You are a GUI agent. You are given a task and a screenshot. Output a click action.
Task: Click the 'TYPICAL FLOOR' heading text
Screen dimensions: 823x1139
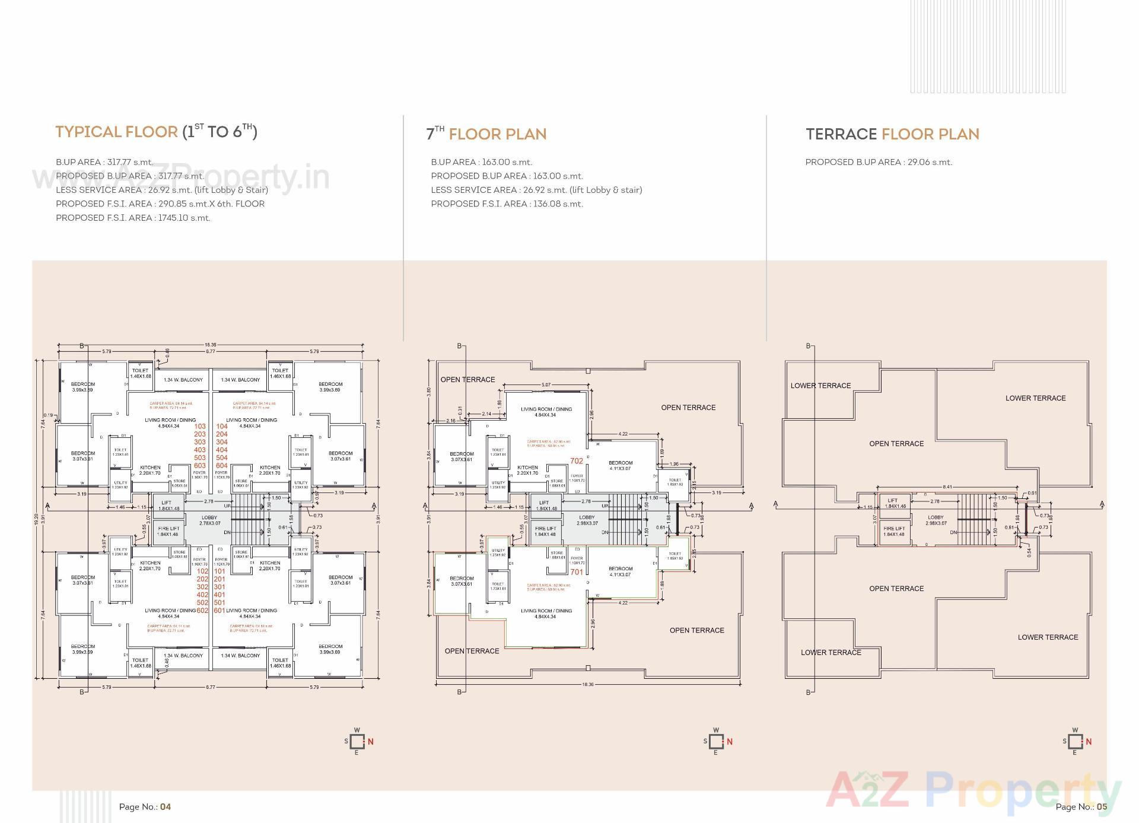(x=117, y=132)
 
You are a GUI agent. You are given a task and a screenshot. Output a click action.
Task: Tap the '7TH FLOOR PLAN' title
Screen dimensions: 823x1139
(x=486, y=134)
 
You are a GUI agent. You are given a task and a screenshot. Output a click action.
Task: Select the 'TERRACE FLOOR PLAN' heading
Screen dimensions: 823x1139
(x=892, y=134)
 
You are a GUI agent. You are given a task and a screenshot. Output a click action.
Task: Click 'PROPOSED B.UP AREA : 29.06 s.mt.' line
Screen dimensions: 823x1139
(x=878, y=162)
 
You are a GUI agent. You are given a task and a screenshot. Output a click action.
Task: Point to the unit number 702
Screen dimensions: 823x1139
(x=576, y=460)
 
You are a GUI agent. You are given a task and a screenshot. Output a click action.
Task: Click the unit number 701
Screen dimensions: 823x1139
(x=576, y=572)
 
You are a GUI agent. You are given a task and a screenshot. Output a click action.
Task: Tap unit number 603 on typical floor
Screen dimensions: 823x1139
(x=200, y=466)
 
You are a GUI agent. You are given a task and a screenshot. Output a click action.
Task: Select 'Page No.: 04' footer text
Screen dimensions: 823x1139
(x=145, y=806)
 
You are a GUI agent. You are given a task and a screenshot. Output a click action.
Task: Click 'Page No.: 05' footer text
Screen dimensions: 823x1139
(x=1081, y=806)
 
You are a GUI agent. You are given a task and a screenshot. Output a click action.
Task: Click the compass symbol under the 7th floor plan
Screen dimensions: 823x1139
(x=717, y=742)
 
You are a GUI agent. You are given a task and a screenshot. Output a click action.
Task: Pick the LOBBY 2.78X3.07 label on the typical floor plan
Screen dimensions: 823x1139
(x=209, y=520)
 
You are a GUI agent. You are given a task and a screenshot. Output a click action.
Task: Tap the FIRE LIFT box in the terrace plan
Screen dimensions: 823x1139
(x=894, y=531)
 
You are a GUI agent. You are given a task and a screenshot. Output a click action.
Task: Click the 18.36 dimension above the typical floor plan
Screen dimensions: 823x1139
(x=210, y=345)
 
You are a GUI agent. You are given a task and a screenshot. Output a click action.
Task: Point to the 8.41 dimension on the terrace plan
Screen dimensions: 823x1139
(x=947, y=487)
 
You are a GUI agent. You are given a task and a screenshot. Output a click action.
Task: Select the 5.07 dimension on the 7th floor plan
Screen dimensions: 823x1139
(x=546, y=385)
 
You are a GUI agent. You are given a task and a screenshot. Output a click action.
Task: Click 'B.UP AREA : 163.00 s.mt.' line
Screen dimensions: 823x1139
(x=481, y=162)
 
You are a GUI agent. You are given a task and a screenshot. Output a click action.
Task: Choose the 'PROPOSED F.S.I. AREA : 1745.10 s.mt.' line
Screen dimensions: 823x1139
(x=133, y=218)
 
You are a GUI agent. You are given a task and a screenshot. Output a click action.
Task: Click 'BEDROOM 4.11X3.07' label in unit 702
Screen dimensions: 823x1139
(x=621, y=466)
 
